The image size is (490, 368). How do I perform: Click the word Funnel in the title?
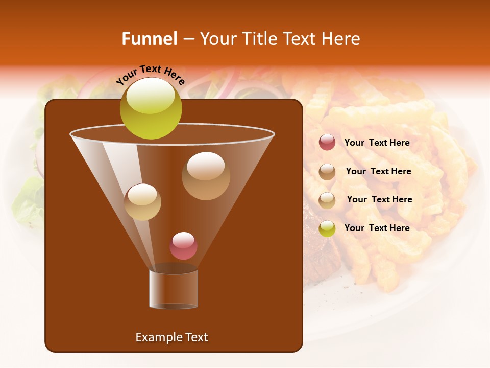click(149, 39)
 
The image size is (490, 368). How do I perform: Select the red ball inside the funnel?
click(183, 246)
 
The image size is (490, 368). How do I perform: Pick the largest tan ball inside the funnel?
click(206, 176)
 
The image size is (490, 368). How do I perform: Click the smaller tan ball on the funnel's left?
click(142, 202)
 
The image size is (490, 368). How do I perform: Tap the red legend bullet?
click(327, 143)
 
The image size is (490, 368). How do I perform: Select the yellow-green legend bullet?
click(327, 228)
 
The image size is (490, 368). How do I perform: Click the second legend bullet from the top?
click(327, 172)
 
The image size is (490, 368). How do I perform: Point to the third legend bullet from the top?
click(327, 200)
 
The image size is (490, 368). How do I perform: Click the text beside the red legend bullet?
click(377, 143)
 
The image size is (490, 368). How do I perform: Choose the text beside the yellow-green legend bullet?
click(377, 228)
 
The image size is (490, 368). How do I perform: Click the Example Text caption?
click(171, 337)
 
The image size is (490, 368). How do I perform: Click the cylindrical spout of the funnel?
click(174, 289)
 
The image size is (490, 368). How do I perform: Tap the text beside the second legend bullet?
click(378, 171)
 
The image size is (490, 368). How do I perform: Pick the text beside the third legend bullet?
click(379, 199)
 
